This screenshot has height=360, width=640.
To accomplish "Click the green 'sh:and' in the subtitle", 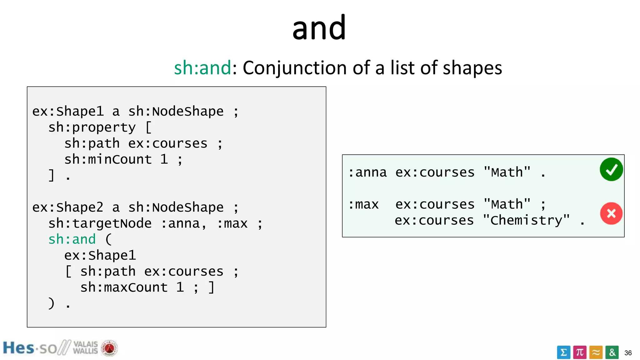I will [202, 68].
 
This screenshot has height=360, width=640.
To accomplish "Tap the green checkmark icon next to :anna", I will [611, 169].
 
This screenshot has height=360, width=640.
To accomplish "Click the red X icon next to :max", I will [611, 213].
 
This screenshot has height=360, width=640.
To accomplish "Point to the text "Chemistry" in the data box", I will [526, 220].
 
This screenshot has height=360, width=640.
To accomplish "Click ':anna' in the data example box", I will [367, 172].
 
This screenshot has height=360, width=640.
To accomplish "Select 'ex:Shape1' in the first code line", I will [68, 112].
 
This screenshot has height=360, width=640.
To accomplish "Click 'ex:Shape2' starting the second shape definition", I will [68, 207].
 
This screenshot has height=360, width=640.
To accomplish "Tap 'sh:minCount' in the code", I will [108, 160].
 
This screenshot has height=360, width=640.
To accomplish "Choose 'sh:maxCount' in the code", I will [124, 287].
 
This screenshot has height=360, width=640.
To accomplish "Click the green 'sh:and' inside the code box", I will [72, 240].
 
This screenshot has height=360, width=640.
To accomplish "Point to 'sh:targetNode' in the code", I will [100, 224].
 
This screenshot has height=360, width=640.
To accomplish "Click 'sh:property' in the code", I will [92, 127].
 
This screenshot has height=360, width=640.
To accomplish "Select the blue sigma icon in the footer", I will [563, 352].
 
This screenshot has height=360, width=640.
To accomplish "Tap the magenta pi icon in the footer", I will [580, 352].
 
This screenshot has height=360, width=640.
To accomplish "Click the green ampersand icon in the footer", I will [612, 352].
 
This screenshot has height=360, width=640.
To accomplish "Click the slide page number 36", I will [628, 353].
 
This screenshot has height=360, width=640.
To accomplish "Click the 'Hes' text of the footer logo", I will [18, 348].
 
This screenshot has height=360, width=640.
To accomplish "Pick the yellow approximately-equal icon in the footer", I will [596, 352].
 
